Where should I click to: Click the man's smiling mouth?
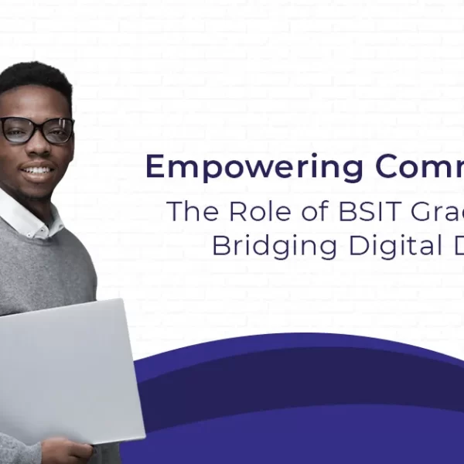pyautogui.click(x=38, y=169)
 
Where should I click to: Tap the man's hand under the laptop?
pyautogui.click(x=70, y=449)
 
